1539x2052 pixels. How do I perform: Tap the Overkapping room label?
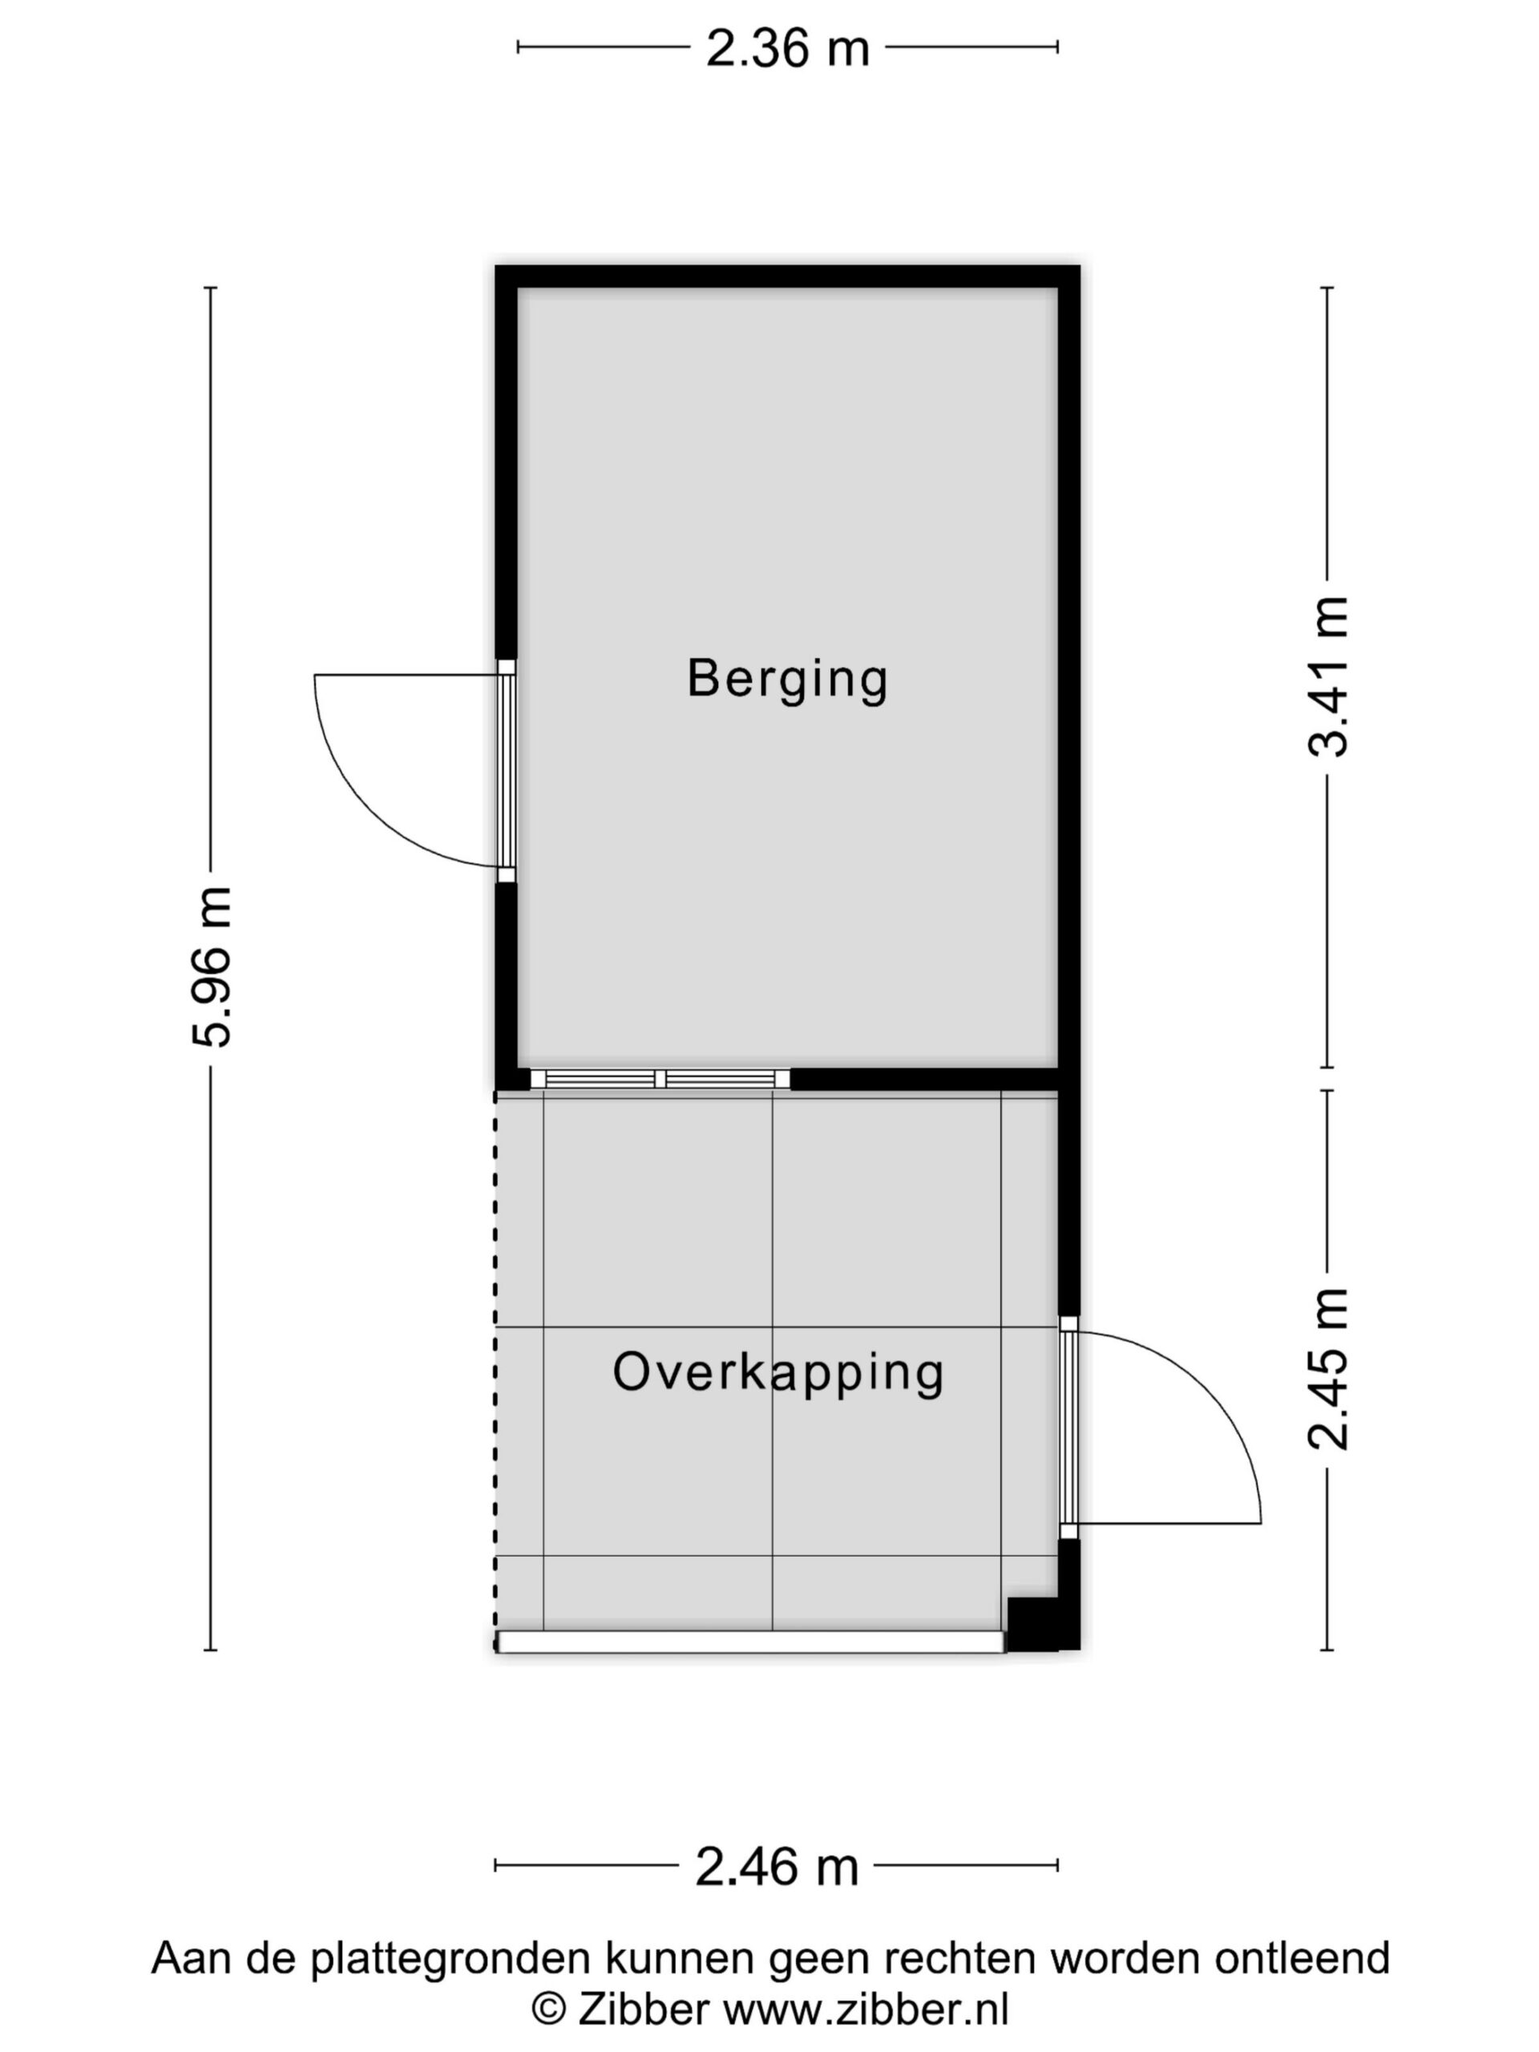point(778,1374)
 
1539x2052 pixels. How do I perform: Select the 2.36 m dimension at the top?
point(788,48)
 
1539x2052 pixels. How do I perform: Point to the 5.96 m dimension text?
point(212,967)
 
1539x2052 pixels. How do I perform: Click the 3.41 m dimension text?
point(1328,677)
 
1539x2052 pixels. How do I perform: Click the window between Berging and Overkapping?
point(660,1079)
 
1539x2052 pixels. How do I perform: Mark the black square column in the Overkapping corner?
point(1032,1623)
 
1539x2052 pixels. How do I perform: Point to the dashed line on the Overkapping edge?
point(495,1370)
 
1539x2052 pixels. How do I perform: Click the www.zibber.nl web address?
point(866,2010)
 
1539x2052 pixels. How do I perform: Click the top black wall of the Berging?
point(788,277)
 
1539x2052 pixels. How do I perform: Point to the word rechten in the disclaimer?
point(960,1958)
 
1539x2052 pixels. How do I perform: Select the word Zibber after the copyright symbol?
point(644,2010)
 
